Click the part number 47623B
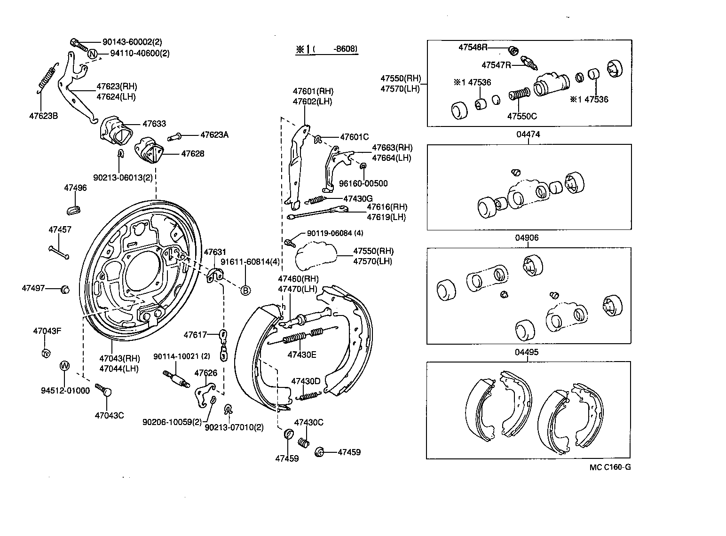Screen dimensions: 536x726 point(43,115)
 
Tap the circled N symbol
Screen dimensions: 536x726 point(93,54)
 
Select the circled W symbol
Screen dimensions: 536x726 point(64,365)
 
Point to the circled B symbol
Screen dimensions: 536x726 point(245,290)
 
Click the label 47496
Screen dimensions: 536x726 point(75,188)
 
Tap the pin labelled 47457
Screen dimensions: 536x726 point(59,252)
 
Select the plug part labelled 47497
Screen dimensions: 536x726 point(65,289)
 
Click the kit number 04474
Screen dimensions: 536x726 point(528,134)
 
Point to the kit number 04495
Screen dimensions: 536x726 point(527,352)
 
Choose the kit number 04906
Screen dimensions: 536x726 point(527,238)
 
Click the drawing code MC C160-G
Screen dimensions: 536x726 point(610,467)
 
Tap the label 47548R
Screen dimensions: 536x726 point(473,47)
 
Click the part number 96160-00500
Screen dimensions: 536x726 point(364,183)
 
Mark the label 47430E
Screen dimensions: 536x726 point(302,355)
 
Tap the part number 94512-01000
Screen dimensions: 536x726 point(65,391)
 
